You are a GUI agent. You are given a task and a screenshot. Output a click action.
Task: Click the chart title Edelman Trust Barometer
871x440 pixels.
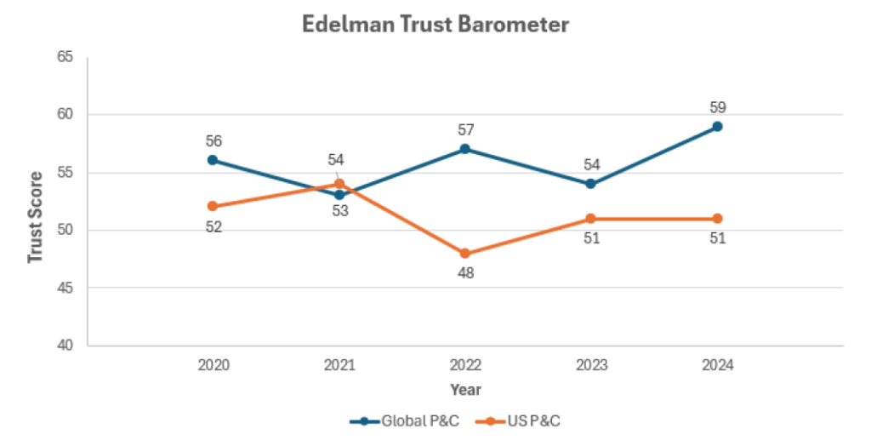[435, 25]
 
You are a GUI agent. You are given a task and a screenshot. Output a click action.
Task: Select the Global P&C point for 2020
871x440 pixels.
[213, 160]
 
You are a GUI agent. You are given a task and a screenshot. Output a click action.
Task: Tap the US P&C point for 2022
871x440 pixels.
[465, 254]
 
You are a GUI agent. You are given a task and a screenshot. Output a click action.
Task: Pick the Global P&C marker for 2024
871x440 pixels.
[717, 126]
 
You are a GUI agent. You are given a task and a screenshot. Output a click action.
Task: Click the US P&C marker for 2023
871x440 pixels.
[591, 219]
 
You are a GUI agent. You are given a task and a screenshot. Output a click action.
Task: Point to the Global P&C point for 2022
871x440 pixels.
[465, 149]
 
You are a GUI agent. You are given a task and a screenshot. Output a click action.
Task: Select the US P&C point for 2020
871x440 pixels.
[213, 206]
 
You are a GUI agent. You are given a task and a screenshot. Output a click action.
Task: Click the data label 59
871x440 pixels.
[717, 107]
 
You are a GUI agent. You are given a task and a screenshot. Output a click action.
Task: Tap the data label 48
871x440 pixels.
[465, 273]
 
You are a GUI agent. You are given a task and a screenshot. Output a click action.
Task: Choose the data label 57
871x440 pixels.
[465, 130]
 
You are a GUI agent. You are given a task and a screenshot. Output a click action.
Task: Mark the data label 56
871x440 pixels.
[213, 141]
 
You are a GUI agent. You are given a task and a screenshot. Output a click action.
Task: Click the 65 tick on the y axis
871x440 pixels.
[65, 57]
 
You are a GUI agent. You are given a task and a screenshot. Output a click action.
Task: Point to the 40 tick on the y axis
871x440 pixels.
[65, 346]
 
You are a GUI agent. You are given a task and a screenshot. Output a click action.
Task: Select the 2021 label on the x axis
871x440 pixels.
[339, 365]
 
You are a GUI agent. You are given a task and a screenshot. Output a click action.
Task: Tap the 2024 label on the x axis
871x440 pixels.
[717, 365]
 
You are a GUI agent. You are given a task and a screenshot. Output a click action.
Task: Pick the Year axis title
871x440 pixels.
[465, 390]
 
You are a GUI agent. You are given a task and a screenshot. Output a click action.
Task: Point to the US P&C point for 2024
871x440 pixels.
[717, 219]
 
